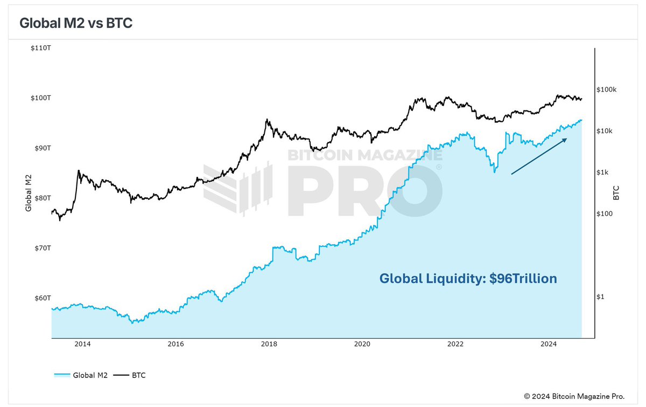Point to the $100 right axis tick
[605, 214]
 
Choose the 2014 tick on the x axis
[82, 344]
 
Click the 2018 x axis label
[269, 344]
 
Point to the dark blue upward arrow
[539, 156]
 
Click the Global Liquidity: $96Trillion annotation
[468, 279]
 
